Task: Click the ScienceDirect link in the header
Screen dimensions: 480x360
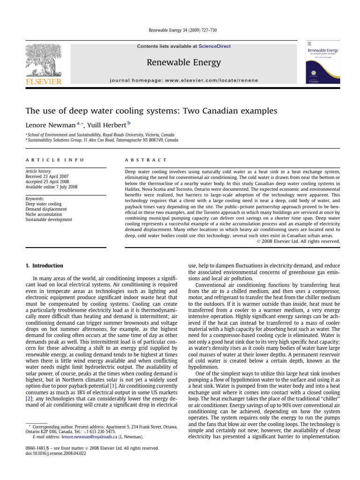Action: [215, 46]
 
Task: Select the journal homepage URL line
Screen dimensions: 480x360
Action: [184, 80]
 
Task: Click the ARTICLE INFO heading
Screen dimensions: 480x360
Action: [55, 160]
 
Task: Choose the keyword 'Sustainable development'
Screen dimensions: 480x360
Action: [49, 219]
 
